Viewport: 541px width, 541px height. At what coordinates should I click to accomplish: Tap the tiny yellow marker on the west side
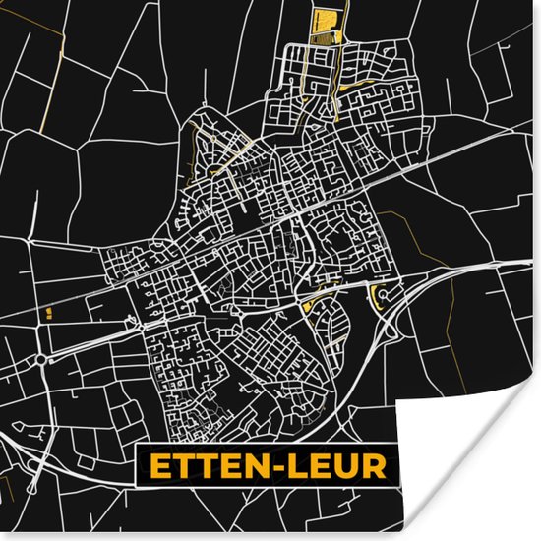[47, 313]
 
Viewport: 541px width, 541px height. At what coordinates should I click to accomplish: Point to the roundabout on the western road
[40, 361]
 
